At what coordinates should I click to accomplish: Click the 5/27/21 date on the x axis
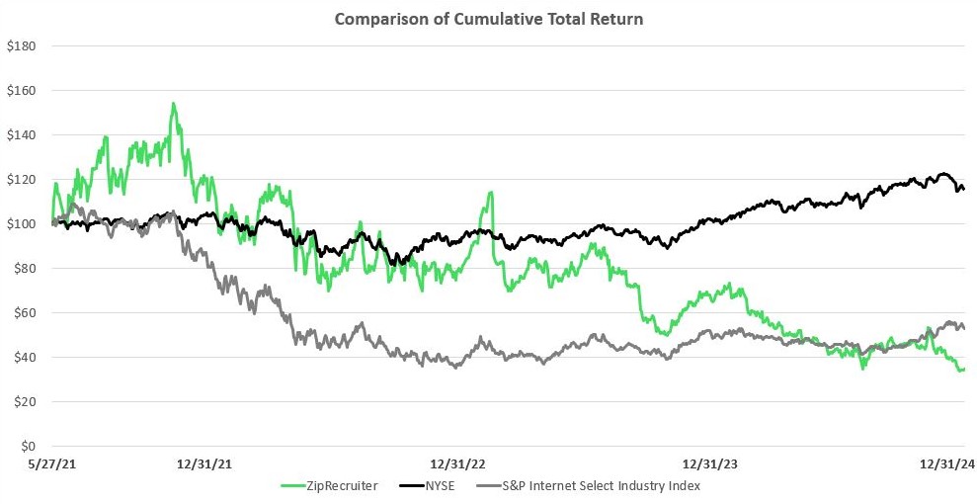[53, 464]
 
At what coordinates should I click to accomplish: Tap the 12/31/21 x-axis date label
[204, 464]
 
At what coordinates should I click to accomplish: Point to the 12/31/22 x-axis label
[457, 464]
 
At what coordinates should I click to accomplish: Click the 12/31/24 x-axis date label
[948, 464]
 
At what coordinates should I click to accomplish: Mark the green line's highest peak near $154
[173, 103]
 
